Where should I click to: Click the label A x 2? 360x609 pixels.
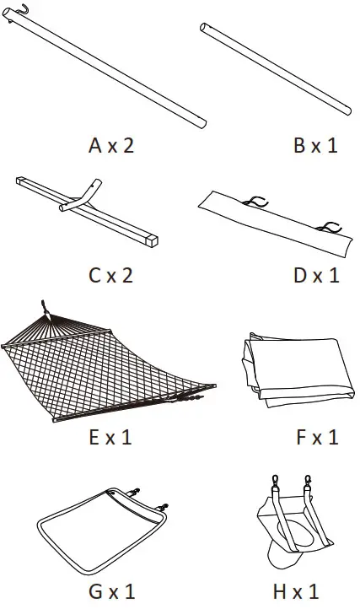110,145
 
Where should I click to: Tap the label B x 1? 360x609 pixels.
315,145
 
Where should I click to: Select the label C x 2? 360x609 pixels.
110,275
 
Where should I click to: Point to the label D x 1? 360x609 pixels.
315,275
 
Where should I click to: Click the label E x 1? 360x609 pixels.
110,437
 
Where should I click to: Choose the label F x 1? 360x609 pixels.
315,437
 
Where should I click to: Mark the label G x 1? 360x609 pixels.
110,589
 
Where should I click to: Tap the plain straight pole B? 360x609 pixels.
275,67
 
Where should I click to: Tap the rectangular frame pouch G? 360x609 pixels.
101,531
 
